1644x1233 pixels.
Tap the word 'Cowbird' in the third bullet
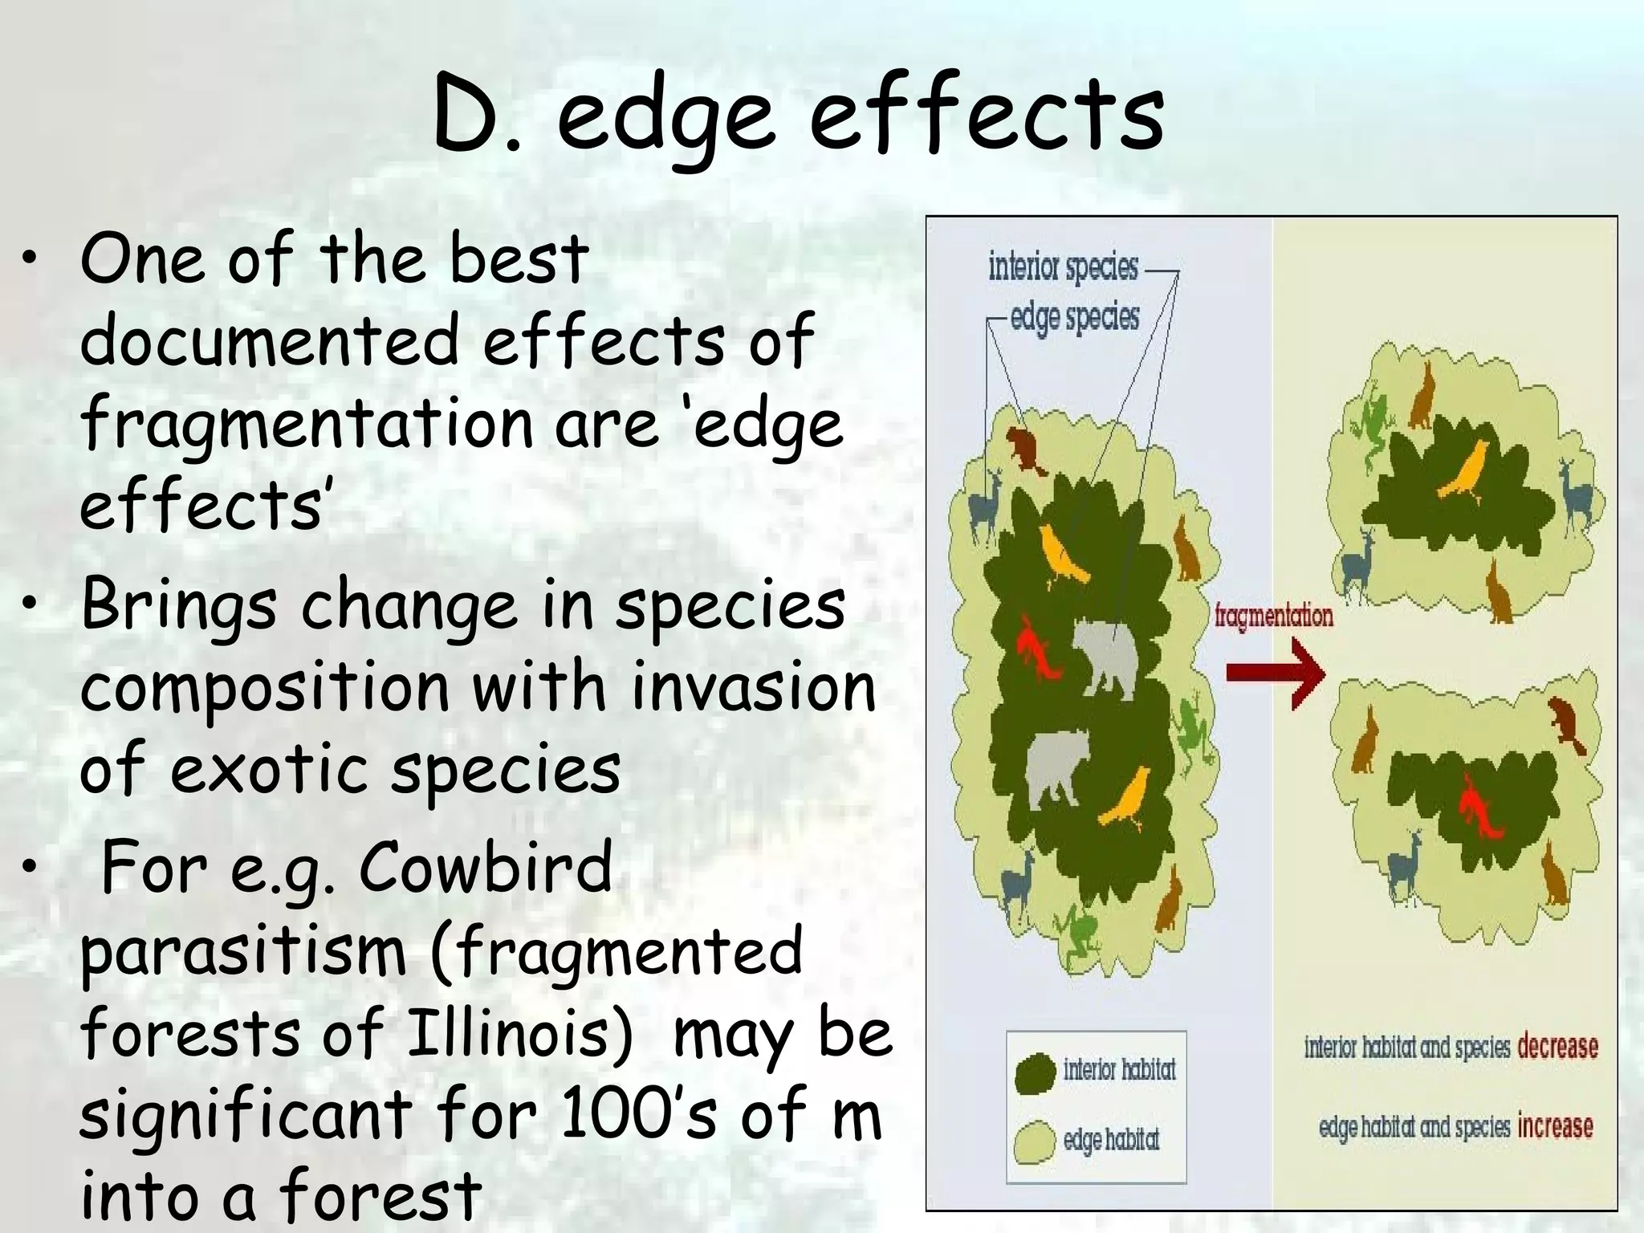click(485, 869)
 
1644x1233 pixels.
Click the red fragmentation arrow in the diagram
click(1275, 673)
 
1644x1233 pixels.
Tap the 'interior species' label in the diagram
click(1063, 267)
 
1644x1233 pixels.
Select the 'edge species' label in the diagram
click(1074, 318)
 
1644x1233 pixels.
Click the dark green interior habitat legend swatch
click(1035, 1074)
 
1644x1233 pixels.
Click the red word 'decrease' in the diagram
click(1557, 1047)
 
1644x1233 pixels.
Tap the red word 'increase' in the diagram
click(1555, 1126)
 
